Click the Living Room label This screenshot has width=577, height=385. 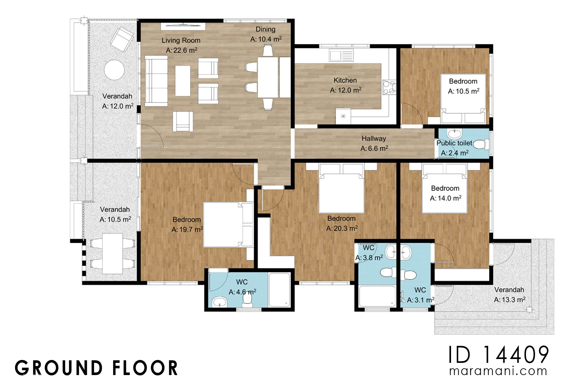click(181, 40)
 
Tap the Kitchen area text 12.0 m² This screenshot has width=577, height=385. click(346, 90)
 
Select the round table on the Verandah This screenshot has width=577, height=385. click(114, 70)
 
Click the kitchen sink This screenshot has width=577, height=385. click(341, 55)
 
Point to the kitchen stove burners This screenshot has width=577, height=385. click(389, 88)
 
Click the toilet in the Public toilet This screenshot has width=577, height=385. click(481, 144)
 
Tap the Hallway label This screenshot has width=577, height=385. click(374, 139)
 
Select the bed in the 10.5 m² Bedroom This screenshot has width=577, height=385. click(463, 98)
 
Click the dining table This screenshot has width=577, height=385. click(268, 77)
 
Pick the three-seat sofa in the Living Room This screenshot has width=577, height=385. click(156, 81)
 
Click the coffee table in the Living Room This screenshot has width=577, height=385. click(183, 81)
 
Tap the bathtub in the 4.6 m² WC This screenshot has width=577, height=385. click(280, 290)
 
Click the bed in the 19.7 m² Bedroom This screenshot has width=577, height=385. click(228, 225)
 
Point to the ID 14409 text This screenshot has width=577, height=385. click(498, 355)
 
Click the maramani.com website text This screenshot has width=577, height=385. click(498, 371)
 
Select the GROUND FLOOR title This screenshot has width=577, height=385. click(96, 368)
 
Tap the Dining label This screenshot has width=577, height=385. click(265, 29)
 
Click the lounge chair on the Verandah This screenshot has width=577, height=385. click(122, 39)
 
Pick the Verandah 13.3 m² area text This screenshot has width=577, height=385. click(510, 300)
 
